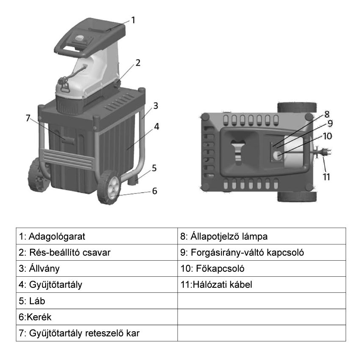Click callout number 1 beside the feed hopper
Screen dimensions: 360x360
pyautogui.click(x=133, y=20)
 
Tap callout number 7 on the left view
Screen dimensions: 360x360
pyautogui.click(x=28, y=118)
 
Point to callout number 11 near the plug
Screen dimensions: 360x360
pyautogui.click(x=326, y=177)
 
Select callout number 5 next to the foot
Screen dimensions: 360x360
pyautogui.click(x=154, y=168)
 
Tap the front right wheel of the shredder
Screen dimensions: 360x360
pyautogui.click(x=109, y=187)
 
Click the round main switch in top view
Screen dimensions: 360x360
pyautogui.click(x=277, y=156)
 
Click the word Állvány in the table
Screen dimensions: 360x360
pyautogui.click(x=44, y=269)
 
